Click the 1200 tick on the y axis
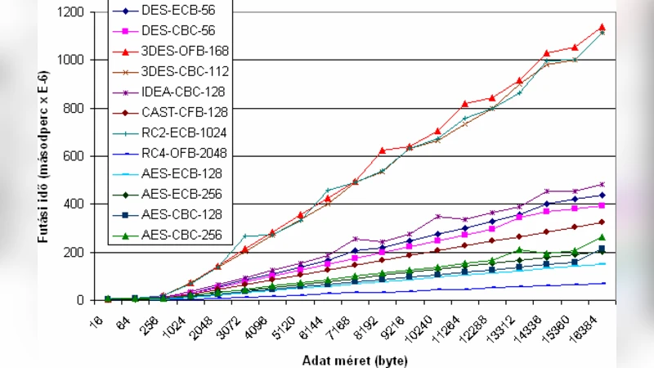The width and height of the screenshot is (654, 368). (x=70, y=12)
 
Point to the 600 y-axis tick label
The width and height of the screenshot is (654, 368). (x=74, y=156)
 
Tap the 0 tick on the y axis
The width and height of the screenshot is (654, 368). (x=82, y=300)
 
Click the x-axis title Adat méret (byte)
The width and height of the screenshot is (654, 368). (x=354, y=360)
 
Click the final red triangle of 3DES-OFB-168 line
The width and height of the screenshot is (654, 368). (x=602, y=27)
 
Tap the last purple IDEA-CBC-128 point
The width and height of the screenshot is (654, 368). (x=602, y=184)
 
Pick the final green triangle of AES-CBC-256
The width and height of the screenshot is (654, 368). (x=602, y=237)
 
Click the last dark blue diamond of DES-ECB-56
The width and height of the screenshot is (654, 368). (x=602, y=195)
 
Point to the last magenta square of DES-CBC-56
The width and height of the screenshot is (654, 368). (x=602, y=205)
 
